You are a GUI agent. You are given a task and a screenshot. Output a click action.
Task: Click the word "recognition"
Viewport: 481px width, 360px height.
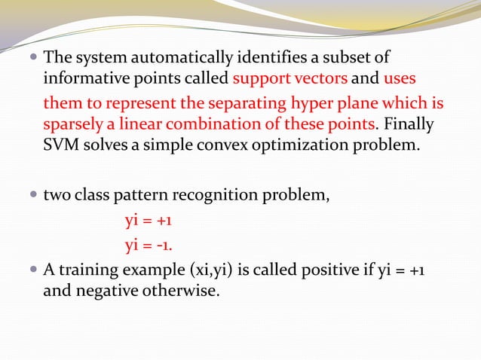(x=216, y=197)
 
